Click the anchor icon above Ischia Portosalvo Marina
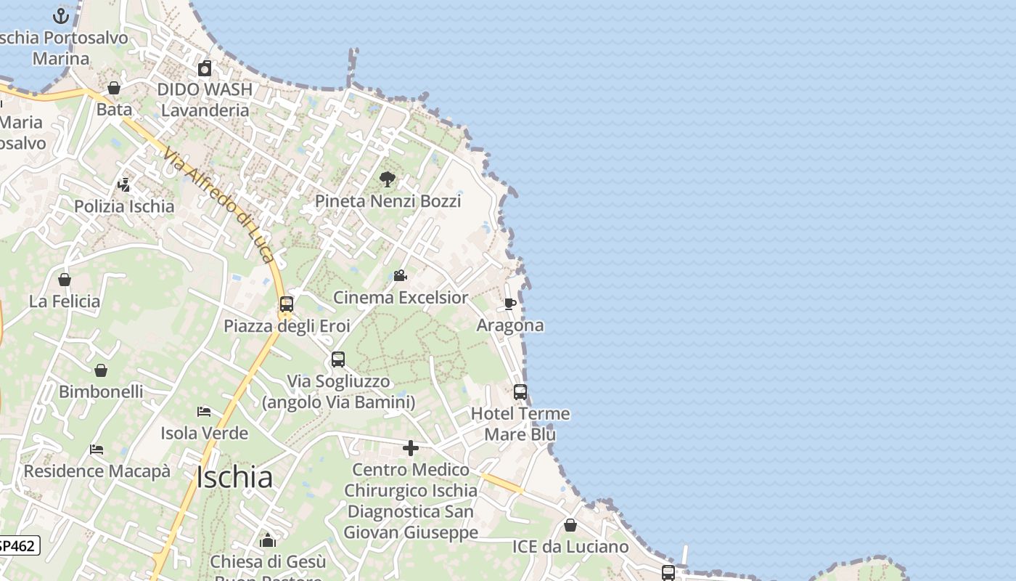61,15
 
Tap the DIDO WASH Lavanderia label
205,99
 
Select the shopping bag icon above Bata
114,88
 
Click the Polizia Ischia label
124,206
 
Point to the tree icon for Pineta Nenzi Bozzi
388,179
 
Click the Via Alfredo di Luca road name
218,205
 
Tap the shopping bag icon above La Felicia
65,280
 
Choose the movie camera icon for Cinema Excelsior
400,276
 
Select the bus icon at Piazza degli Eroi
287,304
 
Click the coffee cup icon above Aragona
510,304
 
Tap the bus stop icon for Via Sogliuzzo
338,359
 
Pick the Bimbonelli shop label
101,391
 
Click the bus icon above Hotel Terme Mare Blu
520,392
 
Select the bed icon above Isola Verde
204,412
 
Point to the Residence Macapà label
97,471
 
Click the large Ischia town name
234,477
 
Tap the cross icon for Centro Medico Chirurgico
411,448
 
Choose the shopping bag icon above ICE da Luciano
570,525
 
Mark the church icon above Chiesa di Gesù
268,540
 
